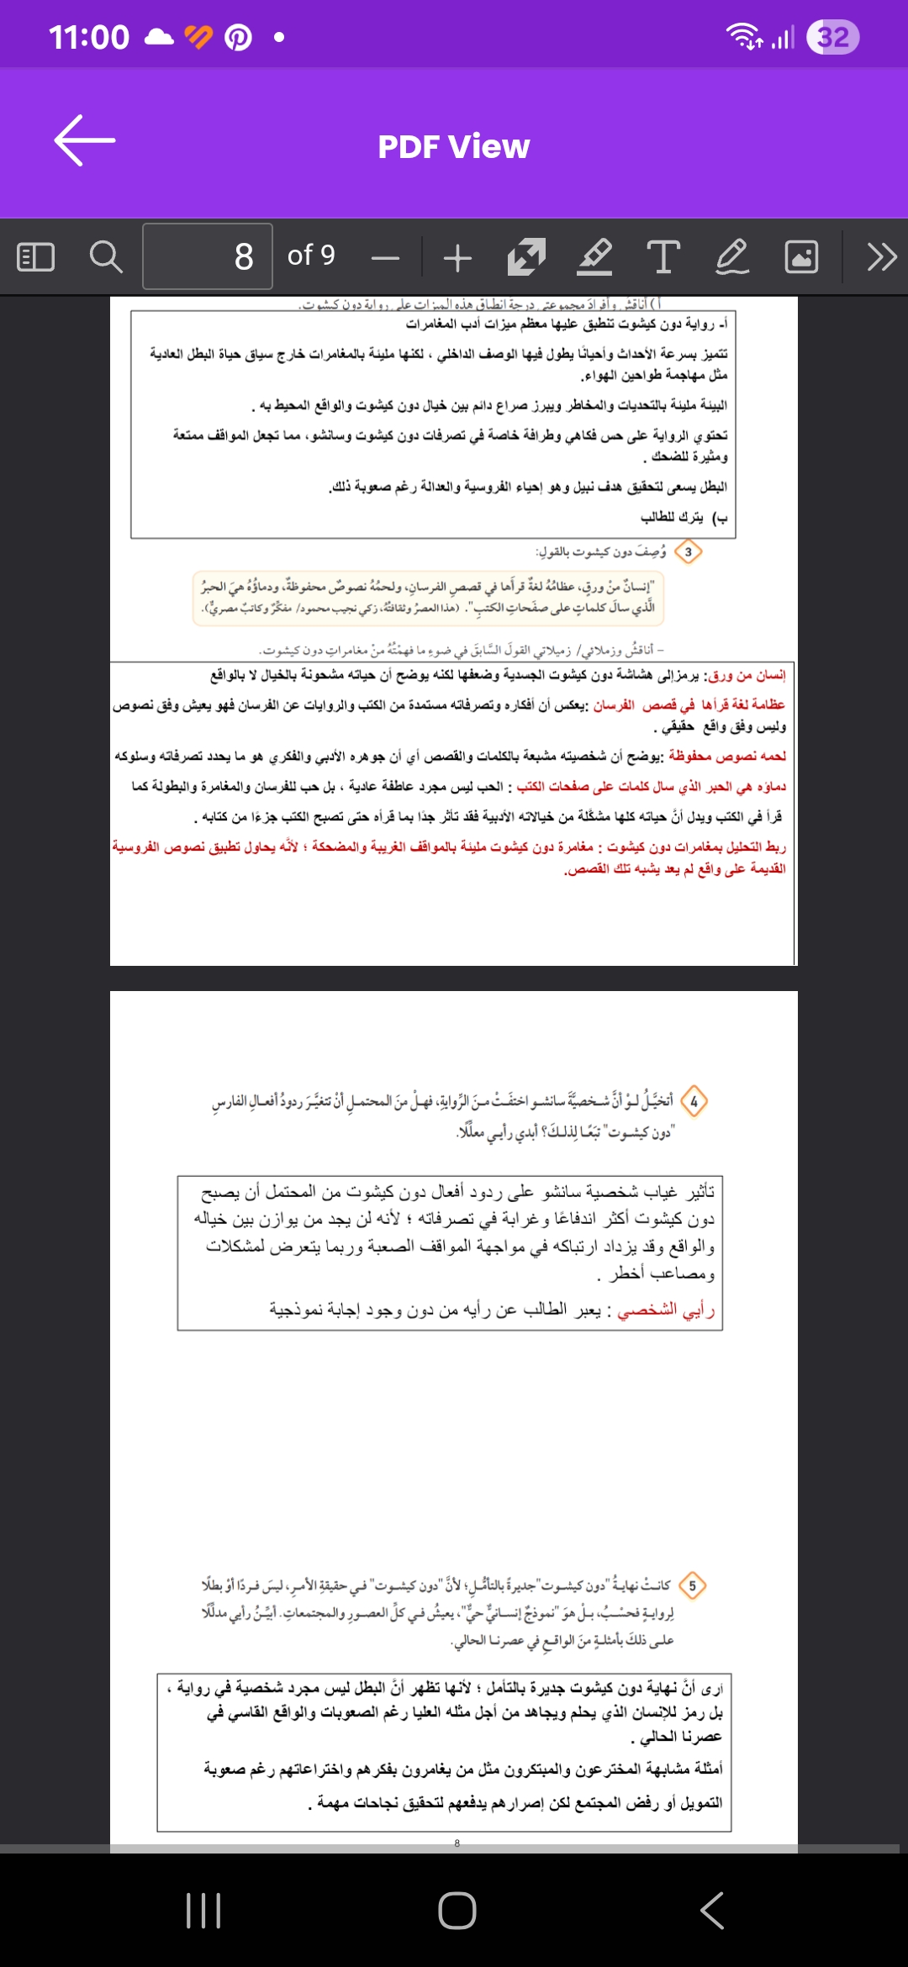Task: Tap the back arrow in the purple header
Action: pos(85,140)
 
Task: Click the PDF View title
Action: pos(453,147)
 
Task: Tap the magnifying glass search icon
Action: pos(106,256)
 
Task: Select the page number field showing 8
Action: pos(208,256)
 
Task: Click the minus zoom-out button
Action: pos(386,257)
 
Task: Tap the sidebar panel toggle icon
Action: pos(36,256)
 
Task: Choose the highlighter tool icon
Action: pos(594,256)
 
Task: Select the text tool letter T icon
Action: pos(663,256)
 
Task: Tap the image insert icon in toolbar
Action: pos(801,256)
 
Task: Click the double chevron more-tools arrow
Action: pos(881,256)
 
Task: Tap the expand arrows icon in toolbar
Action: pos(526,256)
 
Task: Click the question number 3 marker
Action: pos(689,552)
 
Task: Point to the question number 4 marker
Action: pos(694,1101)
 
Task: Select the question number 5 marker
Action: pos(692,1585)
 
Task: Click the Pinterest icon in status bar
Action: pos(239,37)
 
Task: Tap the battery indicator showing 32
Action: pos(832,37)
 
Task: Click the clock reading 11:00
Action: pos(89,37)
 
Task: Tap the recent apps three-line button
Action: pos(203,1911)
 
